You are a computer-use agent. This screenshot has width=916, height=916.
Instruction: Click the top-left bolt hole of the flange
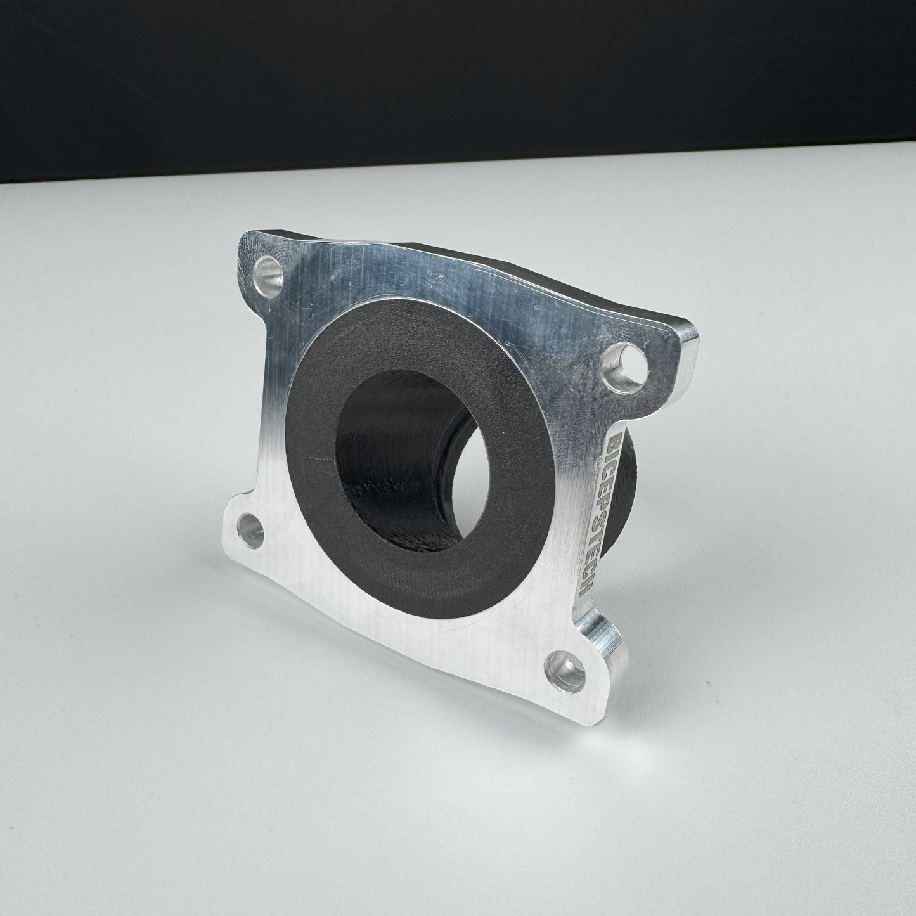[269, 277]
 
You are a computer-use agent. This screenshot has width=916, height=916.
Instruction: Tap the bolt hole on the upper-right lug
[626, 368]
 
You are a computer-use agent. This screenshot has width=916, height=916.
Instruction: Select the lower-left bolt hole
[250, 530]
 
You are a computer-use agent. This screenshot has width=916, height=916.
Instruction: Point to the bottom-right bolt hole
[565, 672]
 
